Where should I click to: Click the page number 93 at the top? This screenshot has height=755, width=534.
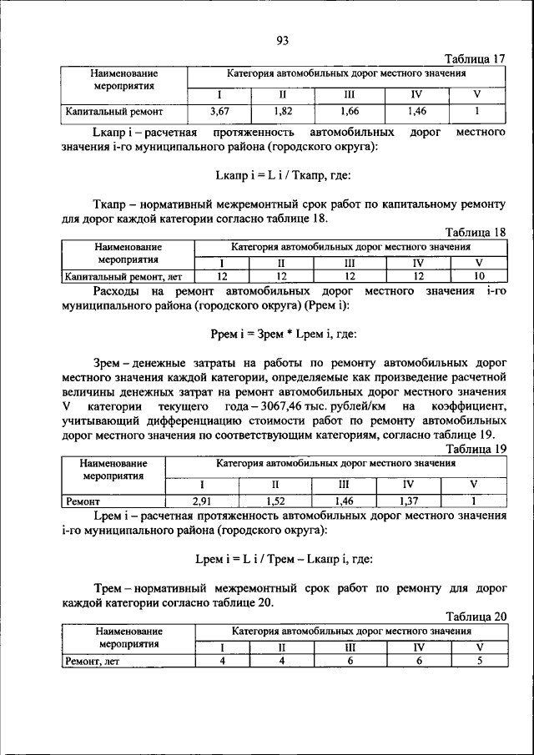(x=281, y=40)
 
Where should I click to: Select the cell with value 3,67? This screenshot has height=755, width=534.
(x=219, y=110)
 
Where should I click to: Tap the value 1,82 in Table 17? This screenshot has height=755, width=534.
(x=283, y=110)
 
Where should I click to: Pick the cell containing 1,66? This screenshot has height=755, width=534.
(x=350, y=110)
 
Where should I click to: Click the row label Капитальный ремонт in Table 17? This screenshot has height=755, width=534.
(x=114, y=110)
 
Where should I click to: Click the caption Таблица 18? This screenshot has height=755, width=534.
(x=476, y=233)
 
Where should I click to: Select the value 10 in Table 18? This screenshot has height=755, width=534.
(x=478, y=276)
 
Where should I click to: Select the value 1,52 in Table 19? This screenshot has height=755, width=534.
(x=275, y=501)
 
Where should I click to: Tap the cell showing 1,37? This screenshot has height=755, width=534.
(x=407, y=501)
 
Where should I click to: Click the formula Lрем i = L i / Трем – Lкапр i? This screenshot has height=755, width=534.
(x=283, y=558)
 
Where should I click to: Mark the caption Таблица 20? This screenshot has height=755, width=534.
(x=476, y=617)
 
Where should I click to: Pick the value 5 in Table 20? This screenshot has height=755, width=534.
(x=480, y=662)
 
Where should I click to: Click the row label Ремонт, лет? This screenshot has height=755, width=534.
(x=95, y=662)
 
